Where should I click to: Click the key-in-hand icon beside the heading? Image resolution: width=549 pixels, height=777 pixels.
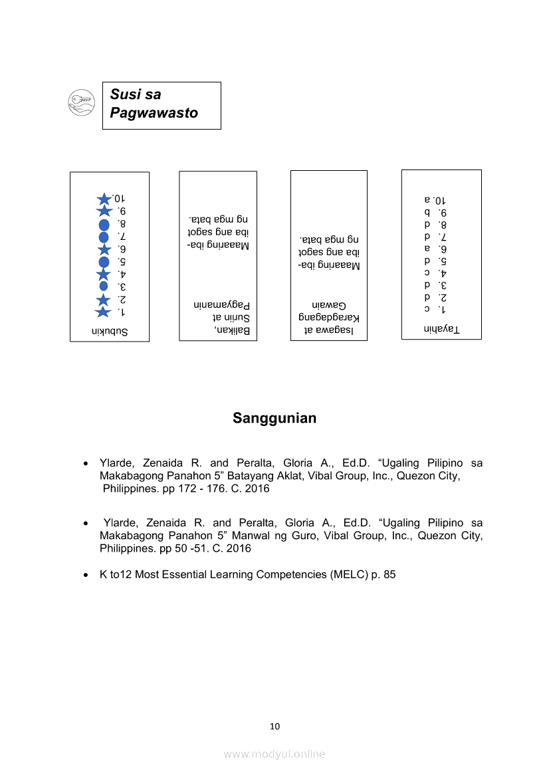pyautogui.click(x=82, y=102)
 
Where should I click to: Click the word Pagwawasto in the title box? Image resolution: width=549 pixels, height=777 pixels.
pyautogui.click(x=154, y=113)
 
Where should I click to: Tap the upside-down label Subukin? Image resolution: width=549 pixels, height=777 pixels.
pyautogui.click(x=110, y=330)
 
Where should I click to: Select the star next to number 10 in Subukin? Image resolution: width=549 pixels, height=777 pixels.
pyautogui.click(x=104, y=199)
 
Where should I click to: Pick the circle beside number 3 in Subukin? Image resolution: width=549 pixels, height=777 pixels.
pyautogui.click(x=104, y=286)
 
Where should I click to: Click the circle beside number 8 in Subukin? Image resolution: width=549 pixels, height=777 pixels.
pyautogui.click(x=104, y=225)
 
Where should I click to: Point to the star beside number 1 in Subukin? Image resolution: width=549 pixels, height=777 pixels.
pyautogui.click(x=103, y=312)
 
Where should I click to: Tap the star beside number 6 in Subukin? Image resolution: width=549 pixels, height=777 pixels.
pyautogui.click(x=104, y=249)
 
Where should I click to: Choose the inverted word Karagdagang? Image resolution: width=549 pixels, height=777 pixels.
pyautogui.click(x=329, y=317)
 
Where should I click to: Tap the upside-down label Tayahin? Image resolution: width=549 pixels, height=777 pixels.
pyautogui.click(x=442, y=329)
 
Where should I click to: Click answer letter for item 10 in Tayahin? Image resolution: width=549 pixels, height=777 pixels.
pyautogui.click(x=427, y=199)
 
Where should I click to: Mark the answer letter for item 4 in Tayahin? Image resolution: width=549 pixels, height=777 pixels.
pyautogui.click(x=427, y=273)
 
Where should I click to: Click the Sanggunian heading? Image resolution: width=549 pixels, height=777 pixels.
pyautogui.click(x=274, y=418)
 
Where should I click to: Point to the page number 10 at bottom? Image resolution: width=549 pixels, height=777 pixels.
pyautogui.click(x=274, y=726)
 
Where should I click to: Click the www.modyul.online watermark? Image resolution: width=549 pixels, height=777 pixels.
pyautogui.click(x=274, y=754)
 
